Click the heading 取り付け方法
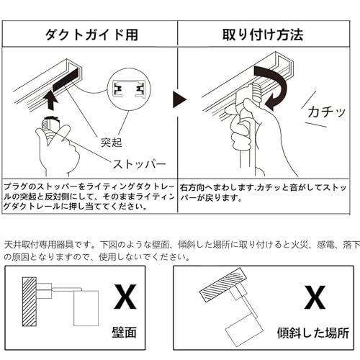[x=266, y=33]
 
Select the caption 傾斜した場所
[x=312, y=333]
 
